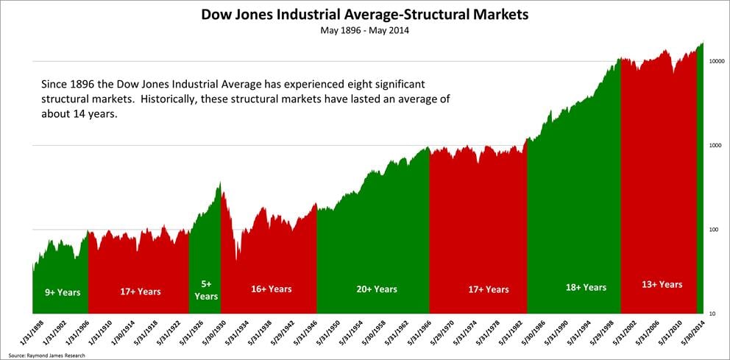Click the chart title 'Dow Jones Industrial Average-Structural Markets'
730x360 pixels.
click(x=364, y=14)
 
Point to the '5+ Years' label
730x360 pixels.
click(x=206, y=290)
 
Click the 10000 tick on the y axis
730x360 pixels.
click(x=712, y=62)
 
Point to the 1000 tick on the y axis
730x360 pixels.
click(x=711, y=146)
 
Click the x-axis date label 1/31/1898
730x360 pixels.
click(x=32, y=333)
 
